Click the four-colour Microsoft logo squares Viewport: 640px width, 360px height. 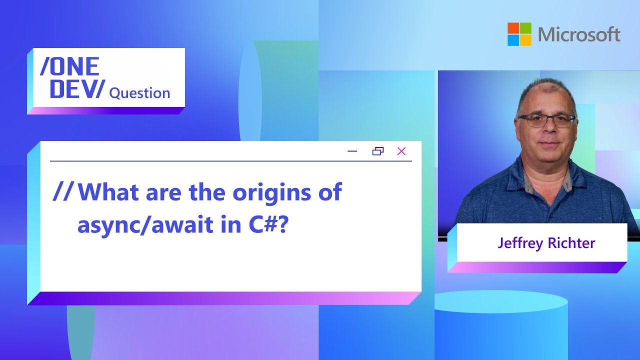coord(519,34)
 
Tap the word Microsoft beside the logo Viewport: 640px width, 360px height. coord(579,34)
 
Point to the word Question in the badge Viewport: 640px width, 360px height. coord(139,93)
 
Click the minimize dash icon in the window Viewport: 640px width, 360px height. coord(352,151)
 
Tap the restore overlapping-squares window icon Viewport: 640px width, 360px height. coord(377,151)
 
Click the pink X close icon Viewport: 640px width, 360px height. coord(401,151)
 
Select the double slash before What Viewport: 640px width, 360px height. coord(63,191)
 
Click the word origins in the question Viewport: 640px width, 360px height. coord(271,192)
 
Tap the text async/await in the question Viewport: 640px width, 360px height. coord(145,225)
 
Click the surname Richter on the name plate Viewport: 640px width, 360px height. coord(571,243)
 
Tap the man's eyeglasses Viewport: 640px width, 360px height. coord(547,120)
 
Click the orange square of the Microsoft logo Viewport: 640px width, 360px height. coord(513,28)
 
